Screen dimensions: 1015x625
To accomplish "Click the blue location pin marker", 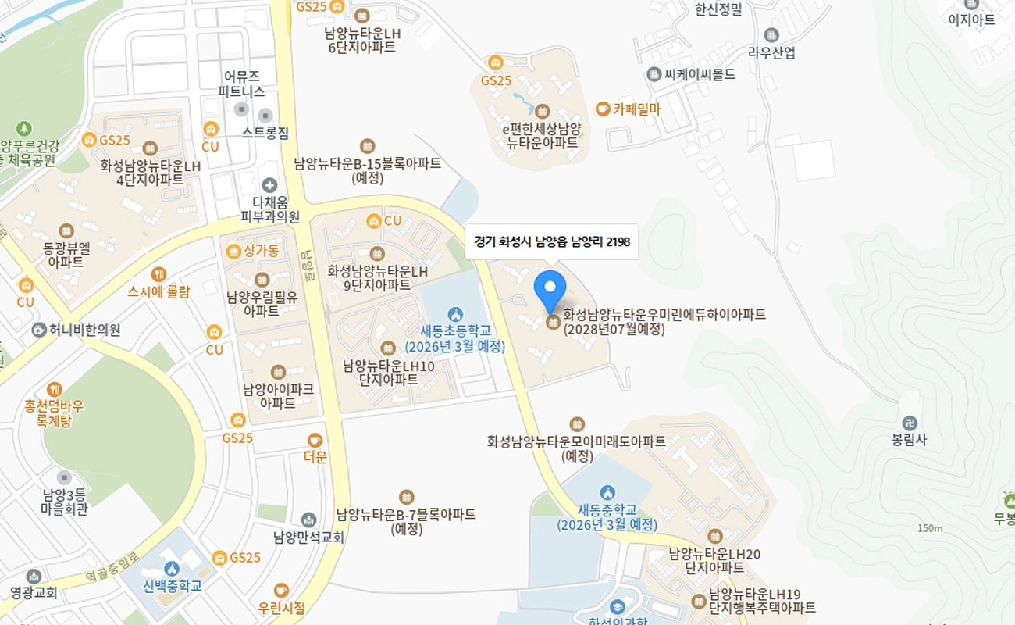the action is point(550,290).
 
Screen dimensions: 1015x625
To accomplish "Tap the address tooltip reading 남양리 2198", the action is point(551,242).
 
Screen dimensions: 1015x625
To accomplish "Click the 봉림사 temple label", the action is point(909,439).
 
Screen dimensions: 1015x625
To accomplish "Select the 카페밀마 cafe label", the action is point(636,109).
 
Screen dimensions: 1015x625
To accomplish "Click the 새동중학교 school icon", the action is point(607,492).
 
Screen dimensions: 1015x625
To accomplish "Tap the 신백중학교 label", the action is point(173,585).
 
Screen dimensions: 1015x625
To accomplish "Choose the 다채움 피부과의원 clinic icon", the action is point(269,185).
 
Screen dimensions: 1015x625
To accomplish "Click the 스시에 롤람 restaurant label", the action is point(158,292).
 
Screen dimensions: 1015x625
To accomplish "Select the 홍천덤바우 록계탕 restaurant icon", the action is point(54,388).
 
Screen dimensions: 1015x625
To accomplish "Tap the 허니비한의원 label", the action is point(84,330).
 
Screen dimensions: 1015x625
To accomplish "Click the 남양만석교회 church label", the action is point(308,537).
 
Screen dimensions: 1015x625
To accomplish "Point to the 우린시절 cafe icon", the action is point(281,590).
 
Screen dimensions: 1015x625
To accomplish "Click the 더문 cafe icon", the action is point(315,440).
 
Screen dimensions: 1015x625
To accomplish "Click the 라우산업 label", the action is point(771,53).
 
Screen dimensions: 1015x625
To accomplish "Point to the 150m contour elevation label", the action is point(930,528).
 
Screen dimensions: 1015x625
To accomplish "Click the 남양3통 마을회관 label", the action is point(64,502).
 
